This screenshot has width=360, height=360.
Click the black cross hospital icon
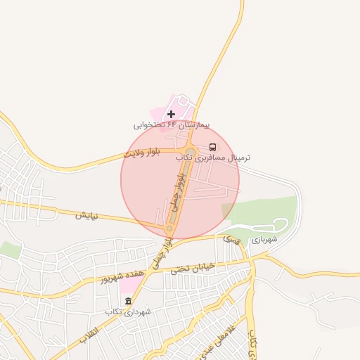pyautogui.click(x=171, y=113)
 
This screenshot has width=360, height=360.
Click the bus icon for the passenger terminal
pyautogui.click(x=212, y=148)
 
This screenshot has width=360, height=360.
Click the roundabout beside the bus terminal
pyautogui.click(x=190, y=153)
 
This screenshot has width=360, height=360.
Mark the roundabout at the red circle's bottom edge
pyautogui.click(x=169, y=229)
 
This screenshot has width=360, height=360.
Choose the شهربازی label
pyautogui.click(x=264, y=239)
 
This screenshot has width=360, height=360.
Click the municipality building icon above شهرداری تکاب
pyautogui.click(x=127, y=302)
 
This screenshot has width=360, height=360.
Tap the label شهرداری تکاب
pyautogui.click(x=124, y=311)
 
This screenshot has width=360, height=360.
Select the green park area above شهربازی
pyautogui.click(x=264, y=209)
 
